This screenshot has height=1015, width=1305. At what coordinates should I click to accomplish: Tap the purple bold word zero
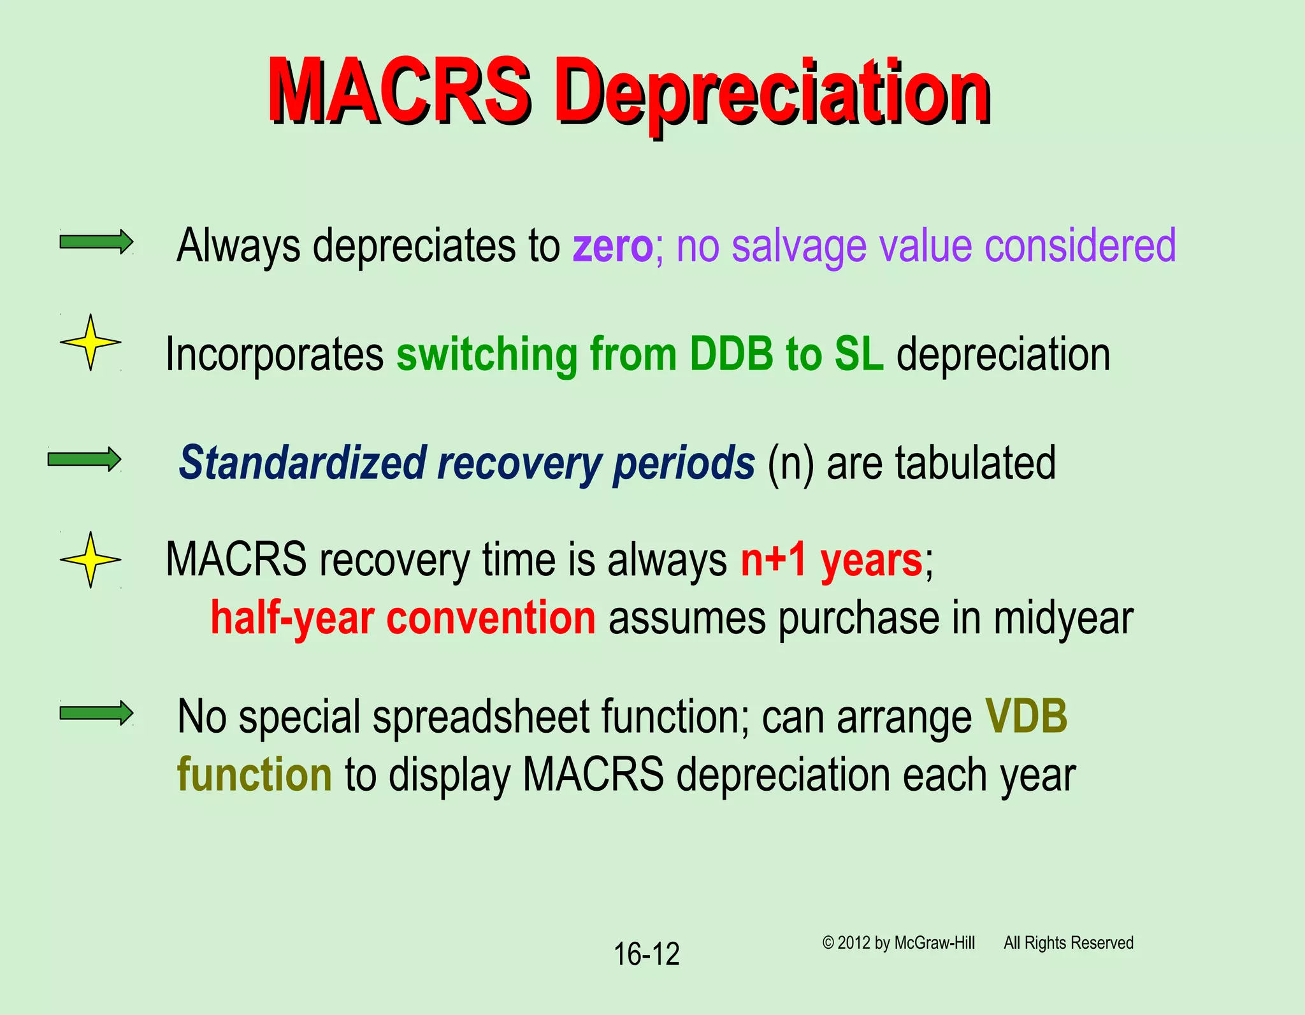612,246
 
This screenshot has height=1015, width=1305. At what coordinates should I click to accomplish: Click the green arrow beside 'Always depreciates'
96,242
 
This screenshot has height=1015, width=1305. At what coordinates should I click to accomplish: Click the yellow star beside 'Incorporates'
90,342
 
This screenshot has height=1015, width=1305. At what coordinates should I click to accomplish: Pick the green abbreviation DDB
731,354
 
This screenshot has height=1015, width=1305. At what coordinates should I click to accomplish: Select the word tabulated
975,463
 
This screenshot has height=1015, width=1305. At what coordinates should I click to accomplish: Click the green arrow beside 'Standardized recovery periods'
84,459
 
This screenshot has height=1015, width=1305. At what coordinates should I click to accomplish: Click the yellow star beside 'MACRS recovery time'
90,559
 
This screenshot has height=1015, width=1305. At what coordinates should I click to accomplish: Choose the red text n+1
773,561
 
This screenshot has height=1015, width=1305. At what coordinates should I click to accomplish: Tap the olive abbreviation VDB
1026,717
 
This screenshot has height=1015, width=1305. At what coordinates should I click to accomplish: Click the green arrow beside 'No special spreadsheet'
96,712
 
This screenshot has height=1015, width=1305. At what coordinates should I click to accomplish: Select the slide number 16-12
646,954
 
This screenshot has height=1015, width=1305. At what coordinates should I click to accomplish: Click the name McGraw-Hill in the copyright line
934,943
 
